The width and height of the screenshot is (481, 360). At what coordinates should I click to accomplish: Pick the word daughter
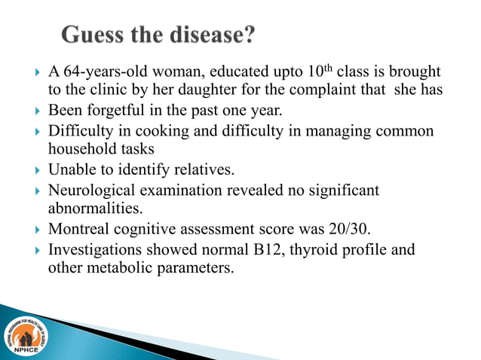click(216, 92)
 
